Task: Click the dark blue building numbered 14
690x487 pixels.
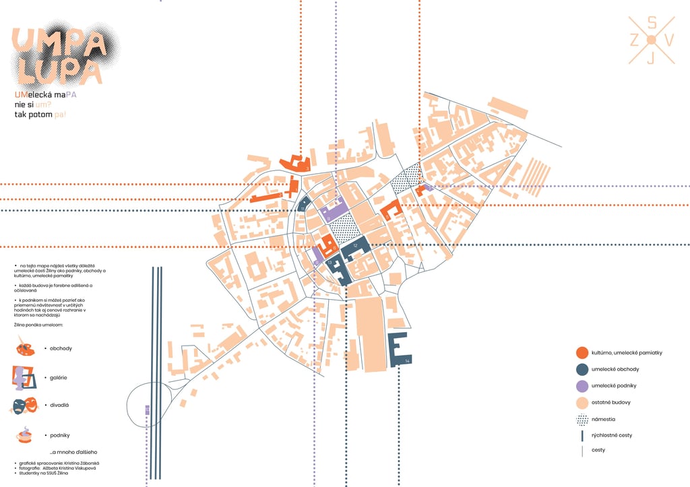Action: pos(399,350)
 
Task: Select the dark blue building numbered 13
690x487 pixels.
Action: pos(339,269)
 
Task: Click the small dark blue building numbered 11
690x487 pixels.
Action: pos(303,203)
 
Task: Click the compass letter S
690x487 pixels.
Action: pos(652,23)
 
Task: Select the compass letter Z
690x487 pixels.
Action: pos(634,40)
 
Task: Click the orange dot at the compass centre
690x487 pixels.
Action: pos(652,40)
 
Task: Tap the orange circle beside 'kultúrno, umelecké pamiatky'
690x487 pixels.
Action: pos(582,352)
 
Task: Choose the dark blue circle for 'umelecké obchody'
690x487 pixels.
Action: pos(582,369)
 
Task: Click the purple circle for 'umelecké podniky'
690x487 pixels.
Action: pos(582,386)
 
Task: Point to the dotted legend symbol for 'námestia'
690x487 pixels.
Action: pos(582,420)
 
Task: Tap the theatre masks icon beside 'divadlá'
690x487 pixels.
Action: pos(24,405)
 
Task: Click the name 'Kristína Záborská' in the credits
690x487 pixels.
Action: pos(81,463)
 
